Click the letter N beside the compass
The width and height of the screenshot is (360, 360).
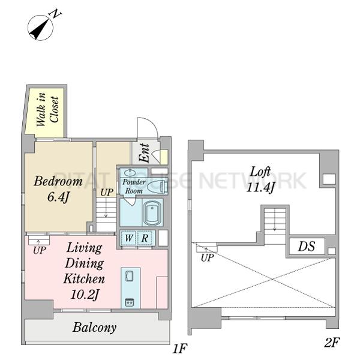click(56, 14)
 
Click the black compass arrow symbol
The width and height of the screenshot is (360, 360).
click(40, 28)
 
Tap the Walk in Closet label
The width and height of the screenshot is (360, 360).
click(47, 109)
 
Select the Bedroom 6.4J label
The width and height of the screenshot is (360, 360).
click(58, 189)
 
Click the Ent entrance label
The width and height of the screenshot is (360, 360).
click(145, 153)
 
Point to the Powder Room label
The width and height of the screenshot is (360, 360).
click(134, 186)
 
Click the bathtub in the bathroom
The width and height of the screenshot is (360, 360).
click(152, 212)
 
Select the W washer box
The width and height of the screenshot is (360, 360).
click(128, 238)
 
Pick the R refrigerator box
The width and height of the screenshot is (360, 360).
click(145, 238)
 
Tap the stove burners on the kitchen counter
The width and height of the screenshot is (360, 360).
click(130, 302)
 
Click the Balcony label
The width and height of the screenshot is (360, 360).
click(94, 328)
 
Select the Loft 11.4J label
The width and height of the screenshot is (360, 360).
click(260, 180)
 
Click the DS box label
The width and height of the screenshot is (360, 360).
click(306, 247)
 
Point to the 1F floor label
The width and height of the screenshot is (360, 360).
click(180, 349)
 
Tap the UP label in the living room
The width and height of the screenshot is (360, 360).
click(39, 250)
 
